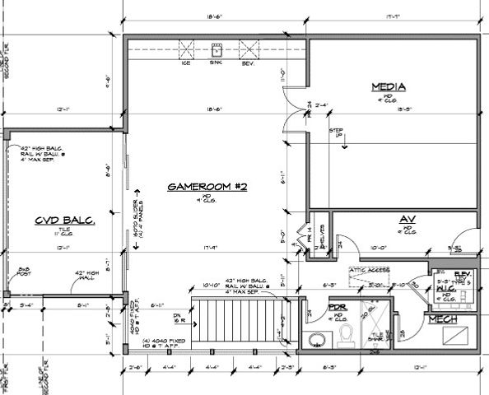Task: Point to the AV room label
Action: [405, 219]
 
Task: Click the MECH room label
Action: [454, 316]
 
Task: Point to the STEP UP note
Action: [336, 134]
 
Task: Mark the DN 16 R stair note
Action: [175, 318]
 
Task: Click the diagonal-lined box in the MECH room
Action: [455, 335]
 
